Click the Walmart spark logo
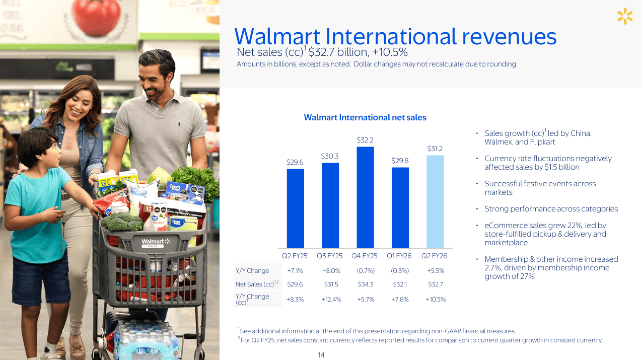624,16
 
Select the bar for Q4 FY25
365,197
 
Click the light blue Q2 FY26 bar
435,201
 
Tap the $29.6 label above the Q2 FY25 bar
295,162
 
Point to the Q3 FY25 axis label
330,256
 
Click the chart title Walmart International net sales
365,117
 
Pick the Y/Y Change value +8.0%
331,271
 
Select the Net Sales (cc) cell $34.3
366,284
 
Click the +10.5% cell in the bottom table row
436,300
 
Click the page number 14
321,355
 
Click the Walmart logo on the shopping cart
156,243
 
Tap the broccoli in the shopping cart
122,222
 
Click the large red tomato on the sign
96,17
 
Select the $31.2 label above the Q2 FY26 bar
435,149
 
